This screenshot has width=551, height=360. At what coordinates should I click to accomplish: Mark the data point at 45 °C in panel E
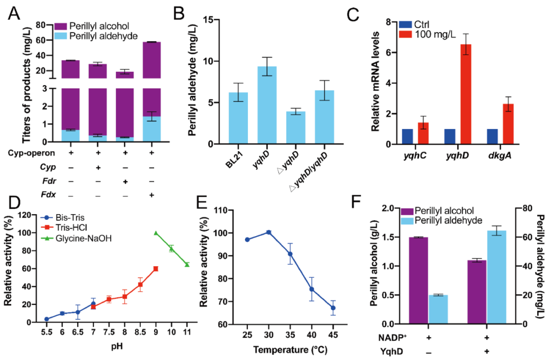click(x=333, y=308)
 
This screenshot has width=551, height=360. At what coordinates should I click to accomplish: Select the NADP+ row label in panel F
click(x=393, y=338)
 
